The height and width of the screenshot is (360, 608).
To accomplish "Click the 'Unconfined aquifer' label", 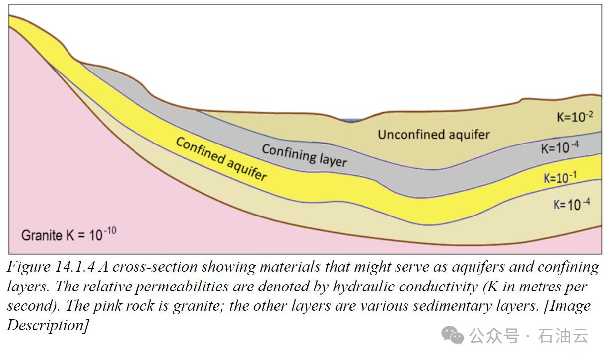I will tap(434, 134).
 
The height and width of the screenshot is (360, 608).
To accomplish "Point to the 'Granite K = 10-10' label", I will tap(68, 234).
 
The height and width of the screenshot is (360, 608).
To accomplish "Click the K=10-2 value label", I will tap(574, 116).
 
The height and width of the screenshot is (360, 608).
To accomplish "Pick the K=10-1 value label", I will tap(563, 178).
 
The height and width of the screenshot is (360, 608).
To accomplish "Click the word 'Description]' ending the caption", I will tap(48, 325).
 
